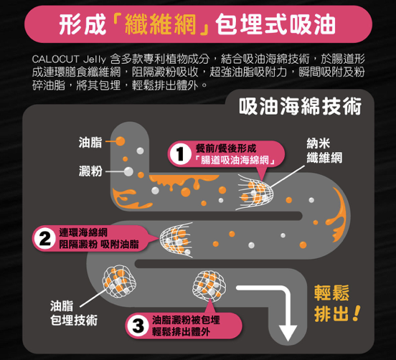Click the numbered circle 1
click(180, 153)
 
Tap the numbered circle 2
click(45, 238)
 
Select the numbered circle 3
click(138, 326)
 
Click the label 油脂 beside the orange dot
click(90, 142)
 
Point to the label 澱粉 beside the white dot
click(90, 171)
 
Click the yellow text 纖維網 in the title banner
click(161, 24)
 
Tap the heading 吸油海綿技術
click(301, 106)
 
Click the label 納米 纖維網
click(324, 151)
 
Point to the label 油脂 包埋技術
click(73, 313)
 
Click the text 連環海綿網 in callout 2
click(83, 232)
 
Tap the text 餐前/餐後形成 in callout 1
click(226, 148)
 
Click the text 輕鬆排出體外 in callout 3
click(181, 331)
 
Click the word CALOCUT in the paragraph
click(55, 59)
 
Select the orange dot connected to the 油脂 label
click(121, 141)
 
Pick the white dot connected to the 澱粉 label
click(128, 171)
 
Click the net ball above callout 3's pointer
click(209, 286)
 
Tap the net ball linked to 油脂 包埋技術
click(119, 281)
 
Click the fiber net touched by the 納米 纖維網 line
click(255, 192)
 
